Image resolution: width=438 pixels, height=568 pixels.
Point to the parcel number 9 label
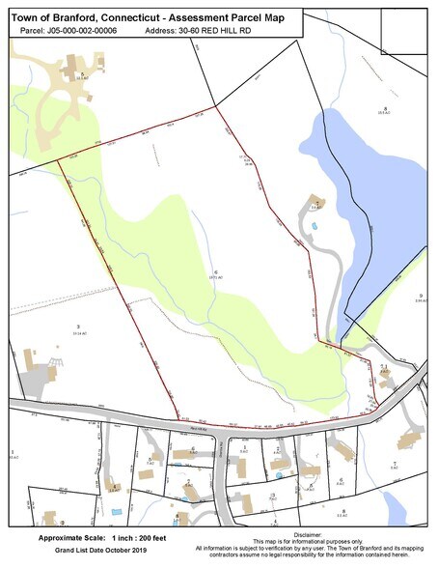422,296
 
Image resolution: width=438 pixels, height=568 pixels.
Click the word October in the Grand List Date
106,549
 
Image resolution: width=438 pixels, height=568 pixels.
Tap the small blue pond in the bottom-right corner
393,503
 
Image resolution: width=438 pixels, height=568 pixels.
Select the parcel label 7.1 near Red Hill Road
383,367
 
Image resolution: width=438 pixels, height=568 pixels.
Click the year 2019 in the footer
134,549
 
